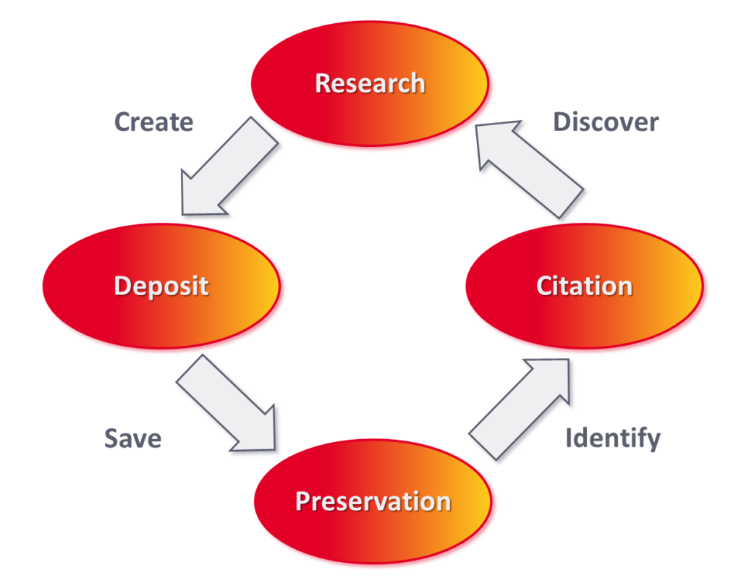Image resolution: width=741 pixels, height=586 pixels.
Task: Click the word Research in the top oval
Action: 370,83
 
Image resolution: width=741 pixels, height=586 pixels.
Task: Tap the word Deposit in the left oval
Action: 161,286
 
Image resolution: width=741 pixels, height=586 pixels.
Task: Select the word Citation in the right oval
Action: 584,286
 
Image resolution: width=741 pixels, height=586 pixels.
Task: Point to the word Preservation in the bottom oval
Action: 373,501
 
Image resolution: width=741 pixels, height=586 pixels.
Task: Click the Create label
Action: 153,122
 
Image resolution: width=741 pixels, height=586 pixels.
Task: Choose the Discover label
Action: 606,122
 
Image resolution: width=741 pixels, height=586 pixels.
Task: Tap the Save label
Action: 132,438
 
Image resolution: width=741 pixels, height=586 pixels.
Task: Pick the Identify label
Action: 612,438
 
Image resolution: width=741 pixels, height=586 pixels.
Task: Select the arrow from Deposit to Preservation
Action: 229,405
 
